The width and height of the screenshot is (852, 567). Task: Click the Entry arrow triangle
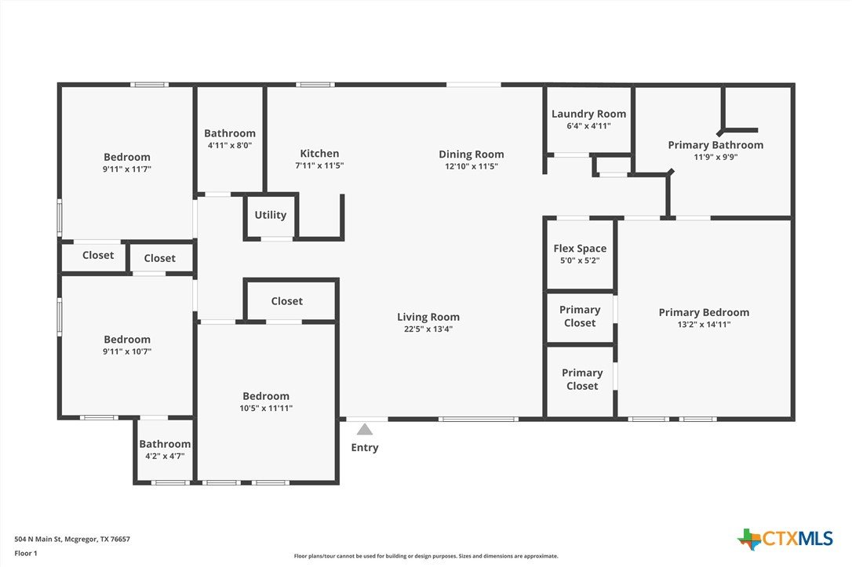[365, 430]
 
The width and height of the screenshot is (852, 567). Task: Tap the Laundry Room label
[588, 114]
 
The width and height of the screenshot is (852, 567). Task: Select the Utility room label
[271, 215]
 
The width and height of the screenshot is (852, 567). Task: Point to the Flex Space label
[580, 249]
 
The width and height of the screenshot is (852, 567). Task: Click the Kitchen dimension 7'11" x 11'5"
[319, 165]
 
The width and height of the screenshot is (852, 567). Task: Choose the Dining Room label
[471, 154]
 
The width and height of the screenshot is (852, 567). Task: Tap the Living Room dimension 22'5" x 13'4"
[428, 329]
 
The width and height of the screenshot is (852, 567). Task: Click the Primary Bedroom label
[704, 313]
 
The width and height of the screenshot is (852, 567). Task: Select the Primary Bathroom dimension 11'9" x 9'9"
[715, 157]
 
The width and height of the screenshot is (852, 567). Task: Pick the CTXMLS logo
[785, 539]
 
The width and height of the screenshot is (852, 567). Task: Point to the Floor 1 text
[26, 554]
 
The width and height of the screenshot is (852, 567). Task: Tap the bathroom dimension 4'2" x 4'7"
[165, 456]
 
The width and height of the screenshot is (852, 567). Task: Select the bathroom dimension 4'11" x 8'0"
[230, 146]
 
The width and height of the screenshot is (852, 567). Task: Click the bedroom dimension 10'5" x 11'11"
[266, 409]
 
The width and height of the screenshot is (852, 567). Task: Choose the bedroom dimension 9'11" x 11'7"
[127, 169]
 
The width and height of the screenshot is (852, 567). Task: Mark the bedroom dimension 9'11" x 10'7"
[127, 351]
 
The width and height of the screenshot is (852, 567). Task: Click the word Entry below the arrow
[365, 448]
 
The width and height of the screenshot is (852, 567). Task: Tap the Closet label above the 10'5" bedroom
[287, 301]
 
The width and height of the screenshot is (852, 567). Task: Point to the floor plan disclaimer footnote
[426, 556]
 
